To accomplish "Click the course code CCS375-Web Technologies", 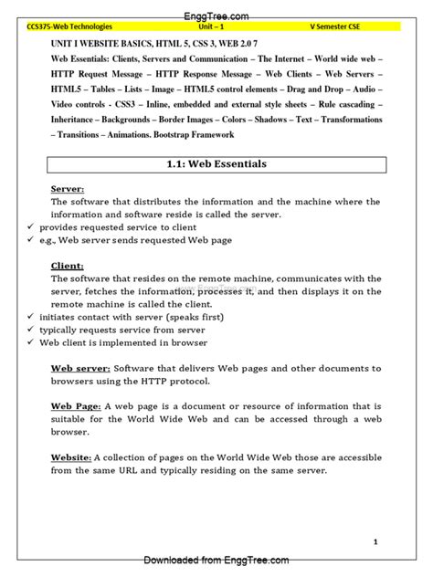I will tap(73, 28).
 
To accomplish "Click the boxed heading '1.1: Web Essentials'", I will tap(216, 165).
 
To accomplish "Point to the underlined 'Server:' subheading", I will tap(68, 189).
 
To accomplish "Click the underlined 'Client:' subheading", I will tap(67, 266).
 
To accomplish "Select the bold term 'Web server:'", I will tap(82, 368).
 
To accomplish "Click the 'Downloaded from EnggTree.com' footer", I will tap(216, 561).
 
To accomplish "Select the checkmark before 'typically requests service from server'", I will tap(32, 330).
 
